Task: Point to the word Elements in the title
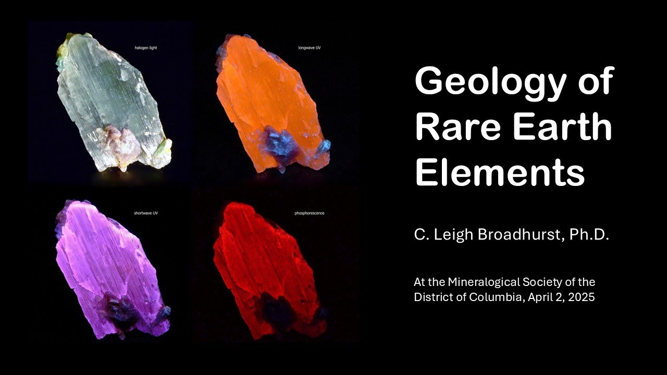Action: [500, 172]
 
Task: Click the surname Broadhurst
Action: [519, 234]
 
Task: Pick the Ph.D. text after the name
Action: [589, 234]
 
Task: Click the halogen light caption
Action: [146, 47]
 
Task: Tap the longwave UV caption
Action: [310, 47]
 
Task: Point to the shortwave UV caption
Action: [146, 213]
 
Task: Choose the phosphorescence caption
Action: [310, 213]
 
